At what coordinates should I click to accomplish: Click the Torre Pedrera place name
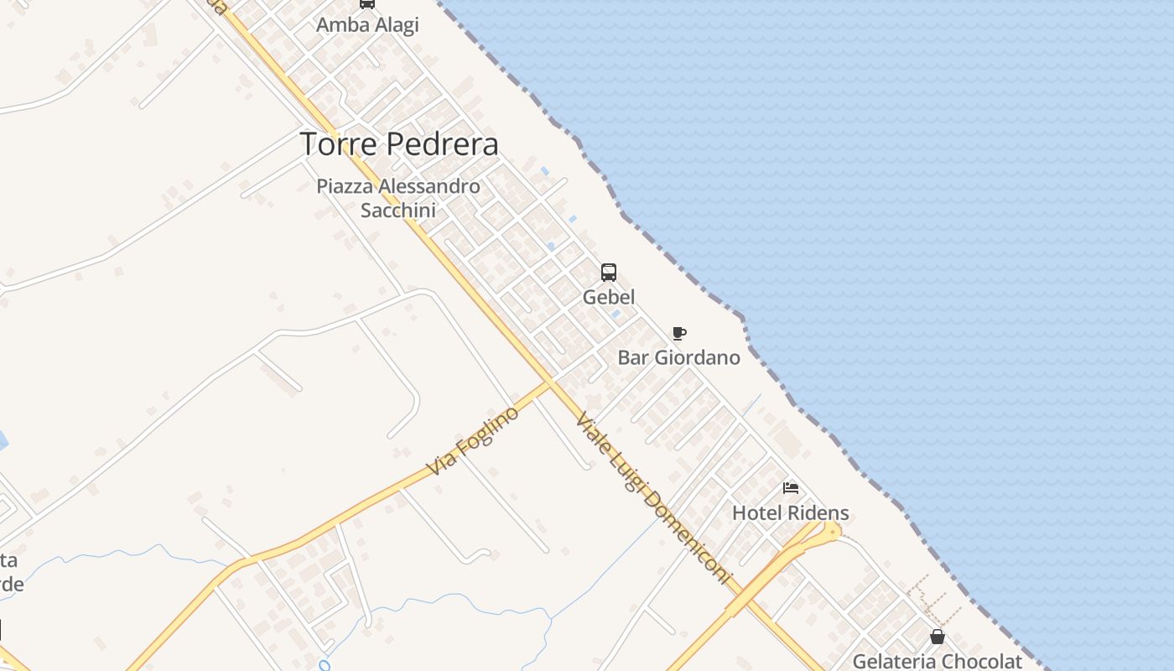coord(399,144)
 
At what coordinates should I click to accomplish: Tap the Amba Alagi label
coord(367,25)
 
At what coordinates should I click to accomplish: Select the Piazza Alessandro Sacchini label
coord(398,198)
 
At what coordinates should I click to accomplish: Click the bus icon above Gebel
coord(609,273)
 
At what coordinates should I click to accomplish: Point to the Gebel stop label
coord(609,297)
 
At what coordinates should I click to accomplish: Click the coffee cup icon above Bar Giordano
coord(679,334)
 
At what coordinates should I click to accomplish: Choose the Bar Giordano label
coord(679,358)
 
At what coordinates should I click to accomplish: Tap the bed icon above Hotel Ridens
coord(791,488)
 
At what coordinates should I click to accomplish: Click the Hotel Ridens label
coord(791,512)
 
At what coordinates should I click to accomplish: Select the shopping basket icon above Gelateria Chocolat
coord(938,637)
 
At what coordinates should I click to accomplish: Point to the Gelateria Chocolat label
coord(938,661)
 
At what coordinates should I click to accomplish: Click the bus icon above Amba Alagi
coord(367,3)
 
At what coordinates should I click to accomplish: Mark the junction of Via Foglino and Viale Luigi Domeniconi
coord(552,382)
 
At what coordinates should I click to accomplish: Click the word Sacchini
coord(398,210)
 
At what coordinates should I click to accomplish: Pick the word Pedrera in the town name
coord(449,144)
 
